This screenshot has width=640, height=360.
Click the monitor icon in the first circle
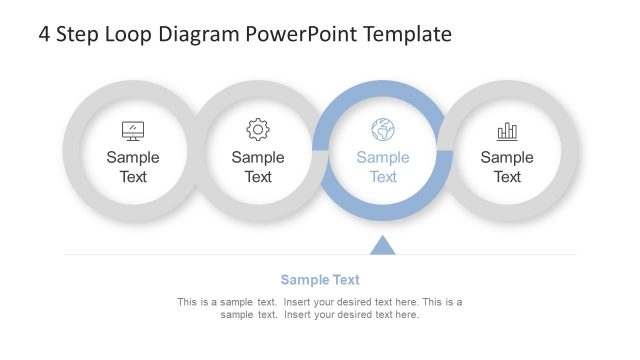pyautogui.click(x=133, y=130)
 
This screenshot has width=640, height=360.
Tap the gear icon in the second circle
pyautogui.click(x=258, y=129)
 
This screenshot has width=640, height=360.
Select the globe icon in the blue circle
pyautogui.click(x=383, y=129)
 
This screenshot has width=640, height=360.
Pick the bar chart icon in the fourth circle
pyautogui.click(x=507, y=130)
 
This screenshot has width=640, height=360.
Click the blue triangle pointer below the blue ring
pyautogui.click(x=383, y=245)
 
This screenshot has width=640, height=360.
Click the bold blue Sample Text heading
pyautogui.click(x=320, y=280)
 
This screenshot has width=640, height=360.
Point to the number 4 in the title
pyautogui.click(x=45, y=34)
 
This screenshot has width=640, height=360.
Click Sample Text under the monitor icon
pyautogui.click(x=133, y=167)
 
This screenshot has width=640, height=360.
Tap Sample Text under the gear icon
pyautogui.click(x=258, y=167)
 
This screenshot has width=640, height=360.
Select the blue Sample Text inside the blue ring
pyautogui.click(x=383, y=167)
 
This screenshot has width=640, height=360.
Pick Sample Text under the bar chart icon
pyautogui.click(x=507, y=167)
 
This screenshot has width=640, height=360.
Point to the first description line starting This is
pyautogui.click(x=320, y=302)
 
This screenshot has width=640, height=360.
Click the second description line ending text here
pyautogui.click(x=320, y=315)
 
